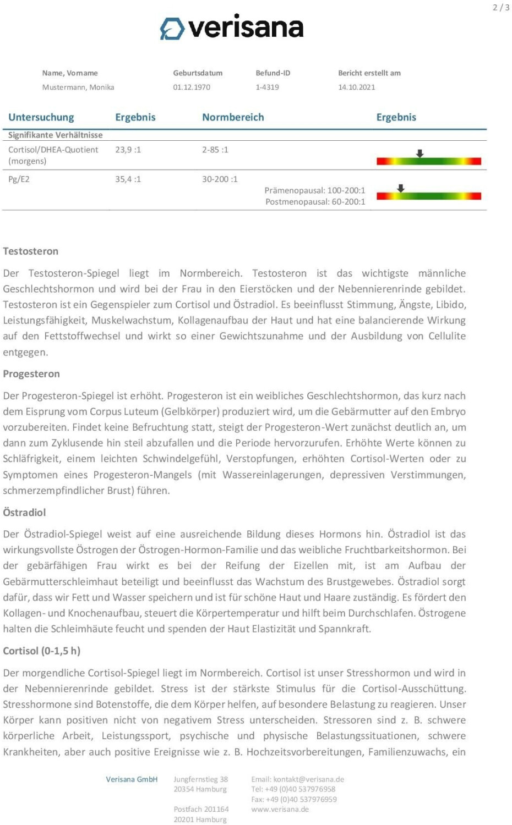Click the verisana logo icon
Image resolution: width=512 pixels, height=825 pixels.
point(172,29)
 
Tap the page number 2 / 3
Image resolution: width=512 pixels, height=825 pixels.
point(500,8)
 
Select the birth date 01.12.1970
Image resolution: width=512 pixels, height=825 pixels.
point(192,87)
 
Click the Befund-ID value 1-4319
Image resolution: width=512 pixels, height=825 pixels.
point(267,87)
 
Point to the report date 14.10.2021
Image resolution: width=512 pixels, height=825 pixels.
point(356,87)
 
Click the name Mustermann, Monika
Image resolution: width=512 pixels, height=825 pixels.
point(78,87)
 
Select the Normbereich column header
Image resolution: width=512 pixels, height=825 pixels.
point(233,117)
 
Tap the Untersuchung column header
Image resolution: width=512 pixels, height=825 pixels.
point(41,117)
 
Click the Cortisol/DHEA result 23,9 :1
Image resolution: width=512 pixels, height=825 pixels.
point(128,150)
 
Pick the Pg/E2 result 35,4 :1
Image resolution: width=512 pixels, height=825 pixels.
point(128,179)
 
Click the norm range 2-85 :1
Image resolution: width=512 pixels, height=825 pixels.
point(215,150)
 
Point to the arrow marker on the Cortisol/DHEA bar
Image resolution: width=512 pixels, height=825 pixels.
point(420,153)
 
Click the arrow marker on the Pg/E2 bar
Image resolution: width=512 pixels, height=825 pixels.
point(401,188)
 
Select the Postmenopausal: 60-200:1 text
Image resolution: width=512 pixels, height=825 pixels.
point(315,202)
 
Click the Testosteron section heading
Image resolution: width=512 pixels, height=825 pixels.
point(31,251)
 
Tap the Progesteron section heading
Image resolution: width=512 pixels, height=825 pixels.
point(31,374)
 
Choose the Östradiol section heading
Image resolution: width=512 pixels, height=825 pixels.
point(24,513)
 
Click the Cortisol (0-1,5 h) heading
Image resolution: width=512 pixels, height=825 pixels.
point(42,651)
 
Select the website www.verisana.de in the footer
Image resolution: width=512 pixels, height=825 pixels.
point(280,809)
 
